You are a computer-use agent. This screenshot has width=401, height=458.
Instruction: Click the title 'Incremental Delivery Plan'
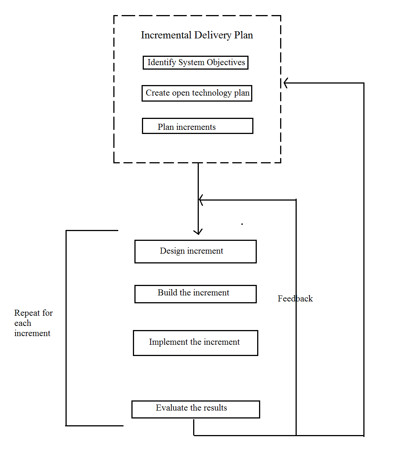click(x=197, y=35)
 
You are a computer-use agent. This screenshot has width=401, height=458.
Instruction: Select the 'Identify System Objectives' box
click(x=195, y=62)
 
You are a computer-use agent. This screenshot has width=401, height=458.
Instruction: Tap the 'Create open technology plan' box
click(x=197, y=93)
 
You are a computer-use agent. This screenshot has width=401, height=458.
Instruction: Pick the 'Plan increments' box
click(x=197, y=126)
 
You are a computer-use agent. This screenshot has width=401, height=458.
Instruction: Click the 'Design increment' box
click(x=195, y=251)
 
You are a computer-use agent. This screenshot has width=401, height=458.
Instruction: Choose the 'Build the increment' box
click(x=195, y=294)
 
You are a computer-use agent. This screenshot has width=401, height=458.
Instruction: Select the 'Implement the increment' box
click(x=195, y=343)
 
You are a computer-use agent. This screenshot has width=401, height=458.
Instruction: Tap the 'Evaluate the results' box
click(x=195, y=409)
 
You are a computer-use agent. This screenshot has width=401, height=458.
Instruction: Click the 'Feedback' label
click(x=295, y=298)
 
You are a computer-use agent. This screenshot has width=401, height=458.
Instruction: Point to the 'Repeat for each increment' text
click(x=33, y=323)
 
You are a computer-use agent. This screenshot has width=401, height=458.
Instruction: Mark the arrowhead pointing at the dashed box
click(x=286, y=83)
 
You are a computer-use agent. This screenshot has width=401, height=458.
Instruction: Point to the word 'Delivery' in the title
click(x=213, y=35)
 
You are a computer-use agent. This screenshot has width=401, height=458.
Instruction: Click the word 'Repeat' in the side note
click(x=27, y=313)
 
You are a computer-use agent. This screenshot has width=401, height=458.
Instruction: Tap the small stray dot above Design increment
click(x=242, y=224)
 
